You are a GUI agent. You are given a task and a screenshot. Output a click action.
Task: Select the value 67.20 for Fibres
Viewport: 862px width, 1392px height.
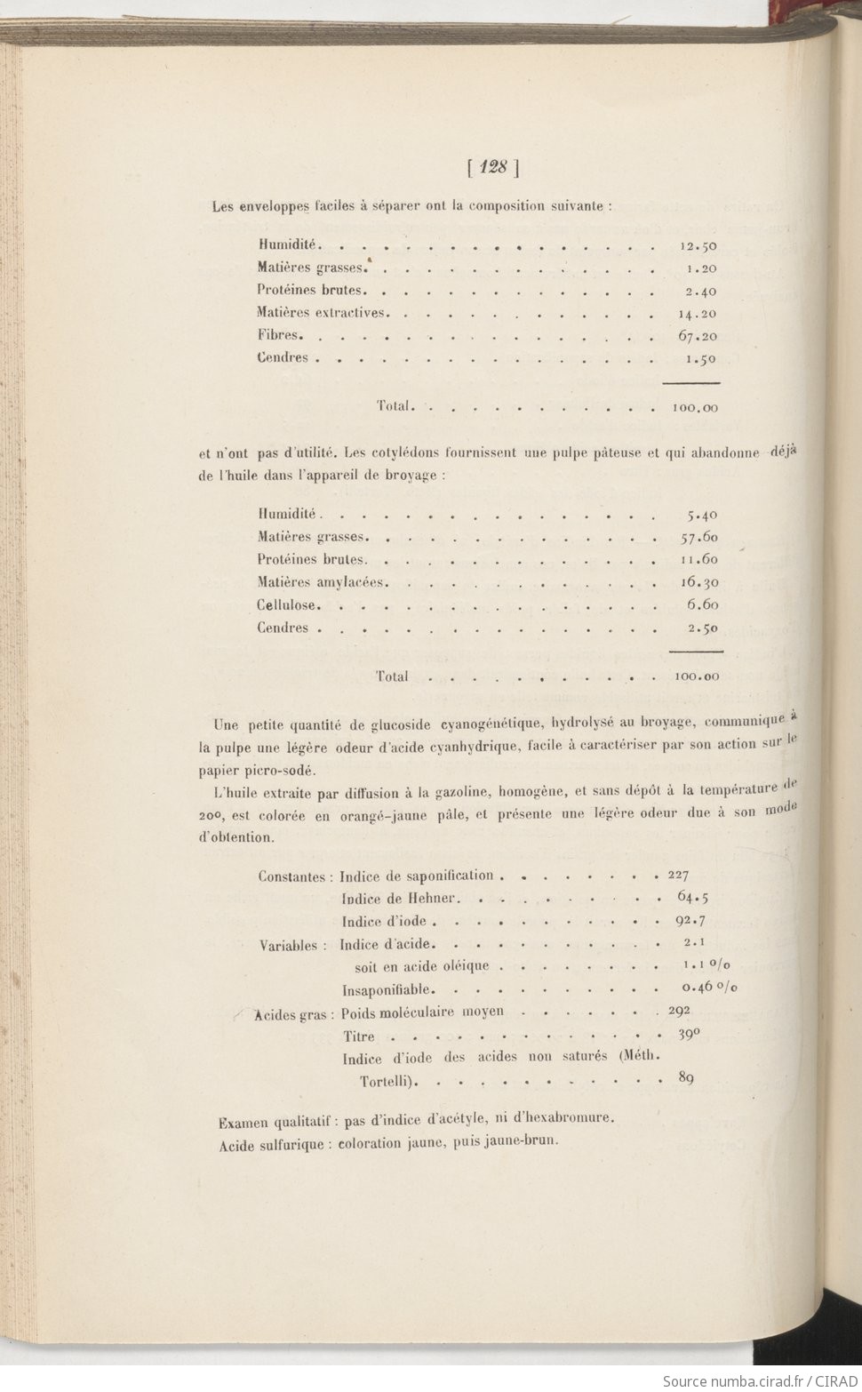(697, 336)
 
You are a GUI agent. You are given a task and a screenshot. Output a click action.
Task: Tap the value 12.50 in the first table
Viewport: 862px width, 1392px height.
(698, 246)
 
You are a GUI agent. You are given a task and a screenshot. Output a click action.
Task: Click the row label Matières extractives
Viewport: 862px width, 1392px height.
(323, 313)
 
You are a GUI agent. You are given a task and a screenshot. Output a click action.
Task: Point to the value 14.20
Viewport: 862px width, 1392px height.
(697, 314)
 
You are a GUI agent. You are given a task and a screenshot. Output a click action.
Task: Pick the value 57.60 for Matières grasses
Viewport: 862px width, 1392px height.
(698, 537)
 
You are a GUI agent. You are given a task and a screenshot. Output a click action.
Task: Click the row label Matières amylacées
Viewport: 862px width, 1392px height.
(323, 582)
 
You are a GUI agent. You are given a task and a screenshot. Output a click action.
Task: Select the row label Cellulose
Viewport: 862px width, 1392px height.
(288, 604)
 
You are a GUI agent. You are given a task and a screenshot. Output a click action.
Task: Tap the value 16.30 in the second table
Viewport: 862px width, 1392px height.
(698, 582)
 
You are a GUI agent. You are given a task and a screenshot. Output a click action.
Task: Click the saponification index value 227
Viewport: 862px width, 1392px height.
(678, 875)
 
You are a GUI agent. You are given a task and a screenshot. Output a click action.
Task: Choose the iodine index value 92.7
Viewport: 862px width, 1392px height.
(690, 920)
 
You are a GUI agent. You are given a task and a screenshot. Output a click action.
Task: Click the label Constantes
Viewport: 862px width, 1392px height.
(292, 876)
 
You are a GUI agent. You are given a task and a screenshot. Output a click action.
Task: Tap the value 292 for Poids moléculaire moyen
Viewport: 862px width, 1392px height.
(679, 1011)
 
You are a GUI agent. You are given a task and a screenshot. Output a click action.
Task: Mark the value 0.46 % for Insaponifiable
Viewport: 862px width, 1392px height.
(710, 988)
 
